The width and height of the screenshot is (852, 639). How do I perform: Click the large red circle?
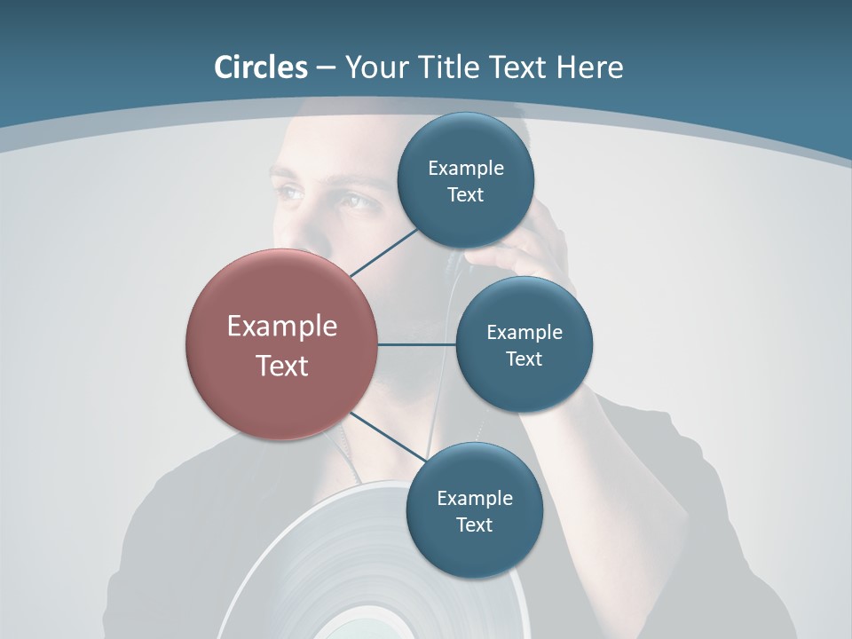click(x=282, y=344)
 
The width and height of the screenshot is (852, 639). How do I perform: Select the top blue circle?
click(x=465, y=180)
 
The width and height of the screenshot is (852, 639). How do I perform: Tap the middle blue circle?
click(x=524, y=344)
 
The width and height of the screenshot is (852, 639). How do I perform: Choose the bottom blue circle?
click(x=474, y=510)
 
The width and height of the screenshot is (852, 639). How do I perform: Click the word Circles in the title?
click(x=261, y=67)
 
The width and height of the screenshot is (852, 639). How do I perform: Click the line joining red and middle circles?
click(x=417, y=344)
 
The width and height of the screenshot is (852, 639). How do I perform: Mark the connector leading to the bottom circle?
click(x=388, y=437)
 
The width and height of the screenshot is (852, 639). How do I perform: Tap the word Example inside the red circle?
click(x=282, y=326)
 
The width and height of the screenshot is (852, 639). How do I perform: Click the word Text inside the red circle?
click(x=282, y=365)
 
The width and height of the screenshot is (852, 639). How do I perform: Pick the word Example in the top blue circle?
click(x=466, y=168)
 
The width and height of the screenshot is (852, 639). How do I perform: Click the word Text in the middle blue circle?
click(x=524, y=359)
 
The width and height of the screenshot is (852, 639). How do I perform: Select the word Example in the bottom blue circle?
click(x=475, y=498)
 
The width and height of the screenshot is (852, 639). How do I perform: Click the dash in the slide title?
click(x=326, y=67)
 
